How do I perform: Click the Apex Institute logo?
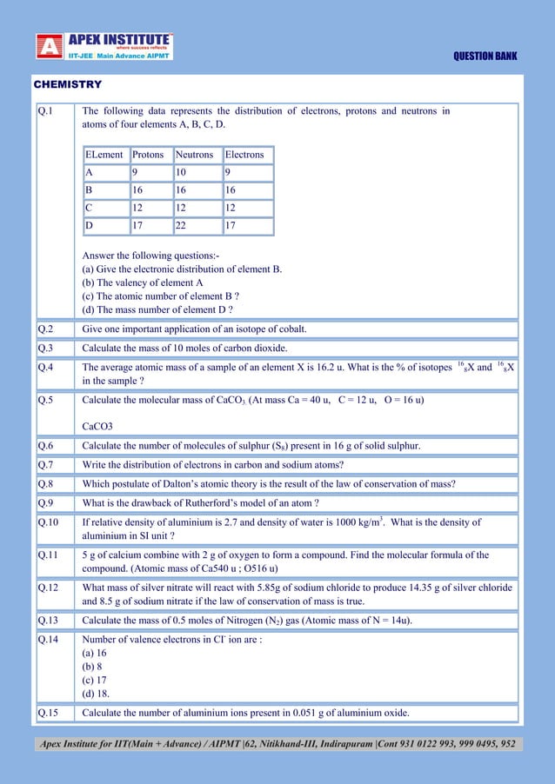tap(104, 46)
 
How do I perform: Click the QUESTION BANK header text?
tap(485, 56)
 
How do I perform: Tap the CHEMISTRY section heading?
tap(67, 84)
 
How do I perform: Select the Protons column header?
tap(148, 155)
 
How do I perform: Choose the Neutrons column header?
tap(195, 155)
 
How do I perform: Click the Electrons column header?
tap(244, 155)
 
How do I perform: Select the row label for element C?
tap(90, 209)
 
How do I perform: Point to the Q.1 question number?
tap(45, 111)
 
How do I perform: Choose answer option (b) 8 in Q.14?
tap(92, 666)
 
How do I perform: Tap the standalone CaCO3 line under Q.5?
tap(97, 427)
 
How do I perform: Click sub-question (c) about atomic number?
tap(160, 296)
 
